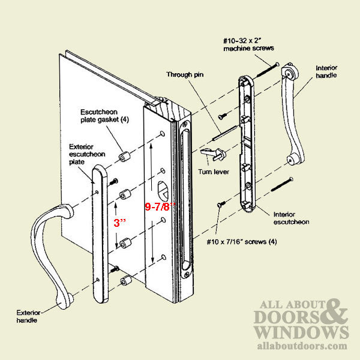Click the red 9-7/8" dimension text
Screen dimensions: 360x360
pos(160,206)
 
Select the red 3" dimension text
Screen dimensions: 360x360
pos(120,222)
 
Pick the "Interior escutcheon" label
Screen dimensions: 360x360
pos(291,217)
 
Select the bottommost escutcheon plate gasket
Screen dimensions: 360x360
pos(127,281)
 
